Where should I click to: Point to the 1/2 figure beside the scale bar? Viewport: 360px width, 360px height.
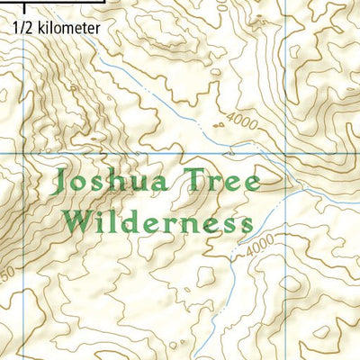(x=22, y=28)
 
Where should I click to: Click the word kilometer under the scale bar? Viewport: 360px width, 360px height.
(x=68, y=28)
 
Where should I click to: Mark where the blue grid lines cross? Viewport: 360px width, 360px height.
(x=286, y=153)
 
